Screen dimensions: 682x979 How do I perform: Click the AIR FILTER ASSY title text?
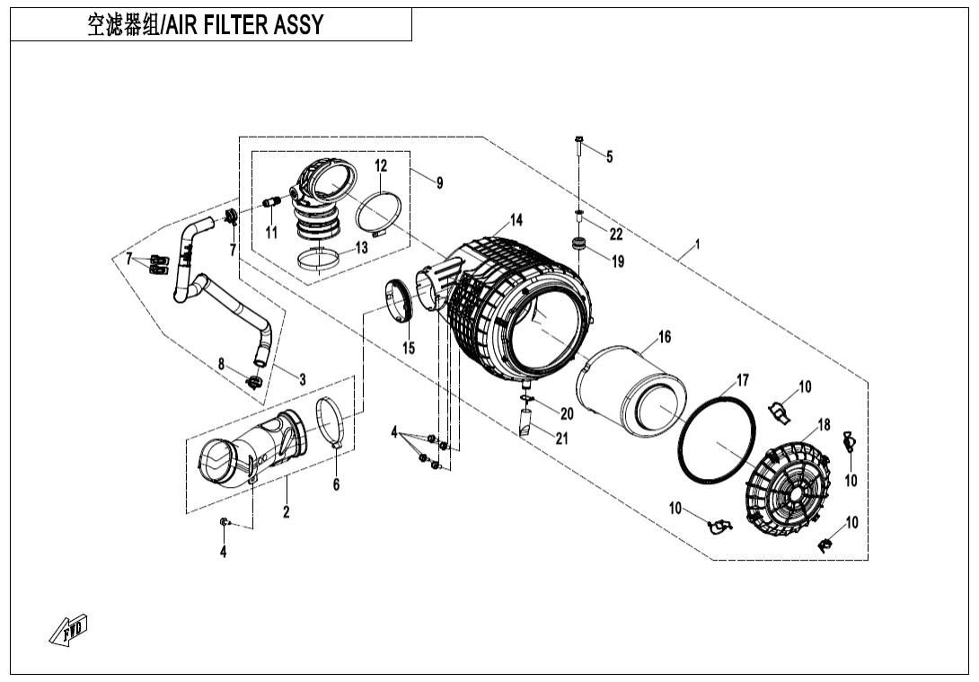click(205, 25)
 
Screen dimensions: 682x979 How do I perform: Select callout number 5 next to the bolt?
click(609, 157)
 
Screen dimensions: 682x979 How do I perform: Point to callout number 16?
click(664, 338)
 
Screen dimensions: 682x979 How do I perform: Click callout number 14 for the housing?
click(516, 220)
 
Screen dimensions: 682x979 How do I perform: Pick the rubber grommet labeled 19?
click(579, 244)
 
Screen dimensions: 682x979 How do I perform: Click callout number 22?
click(615, 235)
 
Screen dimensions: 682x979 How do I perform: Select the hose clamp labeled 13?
click(318, 260)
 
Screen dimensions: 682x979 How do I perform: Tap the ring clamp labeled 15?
click(399, 300)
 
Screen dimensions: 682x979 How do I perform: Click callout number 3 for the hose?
click(303, 380)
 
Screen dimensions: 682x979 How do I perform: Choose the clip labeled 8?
click(253, 383)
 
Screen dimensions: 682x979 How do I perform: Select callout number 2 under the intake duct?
click(286, 512)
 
